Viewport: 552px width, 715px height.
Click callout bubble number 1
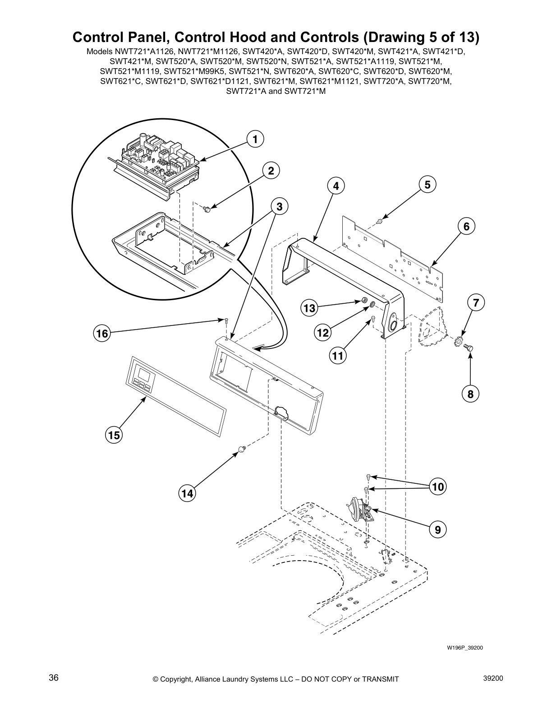(255, 139)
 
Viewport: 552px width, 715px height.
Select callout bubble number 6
(466, 226)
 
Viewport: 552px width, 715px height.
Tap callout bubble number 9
(437, 529)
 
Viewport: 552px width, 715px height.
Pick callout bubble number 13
(309, 308)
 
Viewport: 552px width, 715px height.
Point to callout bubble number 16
(102, 334)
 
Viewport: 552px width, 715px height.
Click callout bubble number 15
(115, 435)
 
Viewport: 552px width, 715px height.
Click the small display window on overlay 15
(144, 374)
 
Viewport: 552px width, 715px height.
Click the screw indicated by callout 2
(207, 209)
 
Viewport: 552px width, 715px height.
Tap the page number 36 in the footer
(54, 678)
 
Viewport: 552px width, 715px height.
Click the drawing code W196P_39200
(465, 648)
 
